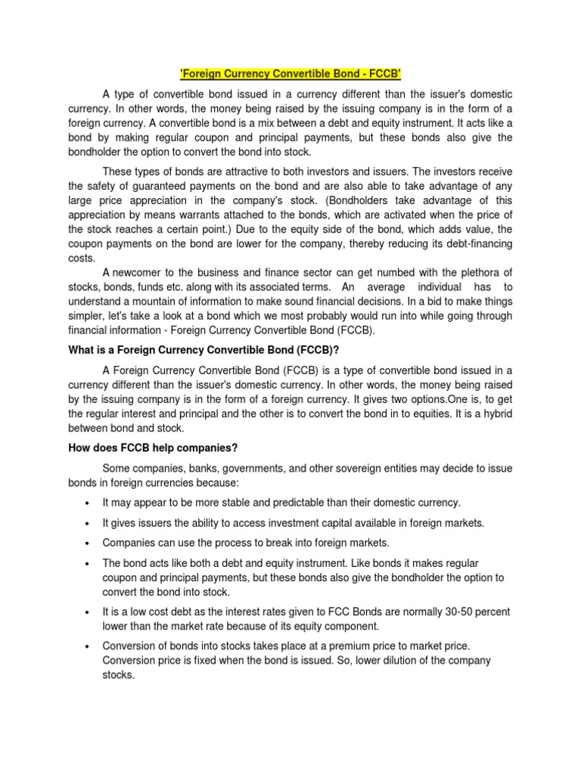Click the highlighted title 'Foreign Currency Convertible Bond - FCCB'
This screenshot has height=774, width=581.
pos(290,75)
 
